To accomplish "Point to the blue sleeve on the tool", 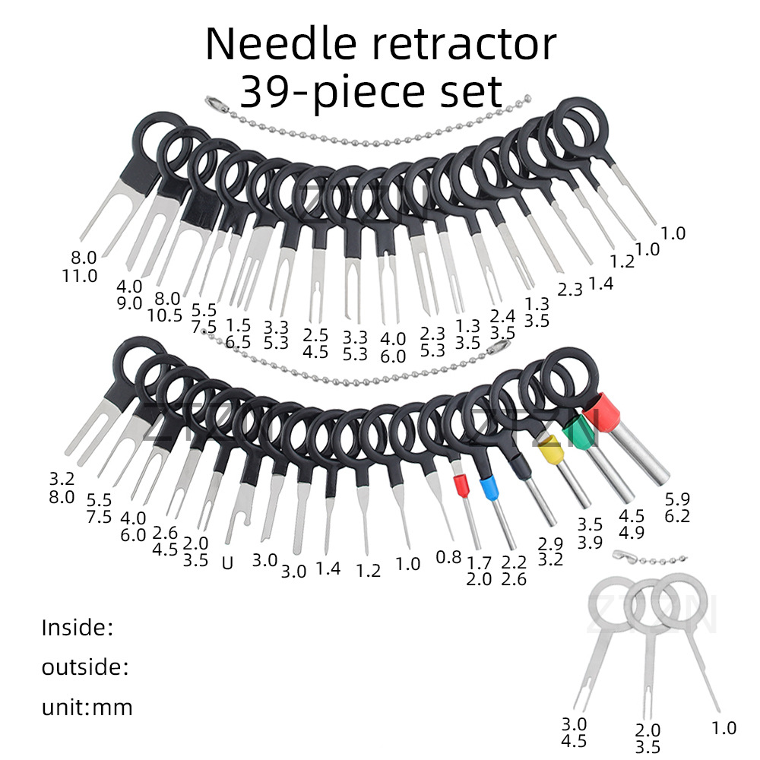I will [489, 488].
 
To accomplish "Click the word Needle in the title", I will [283, 44].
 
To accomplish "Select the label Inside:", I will [77, 628].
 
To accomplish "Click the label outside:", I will [84, 668].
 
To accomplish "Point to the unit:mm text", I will [87, 708].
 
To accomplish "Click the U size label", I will [226, 564].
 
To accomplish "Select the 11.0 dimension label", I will [80, 275].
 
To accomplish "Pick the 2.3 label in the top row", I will [571, 289].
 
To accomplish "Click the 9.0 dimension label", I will [129, 303].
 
